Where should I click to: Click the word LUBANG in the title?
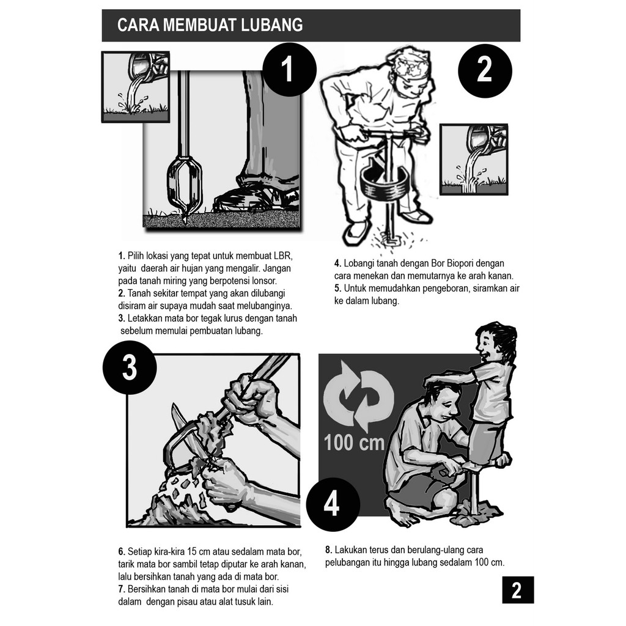tap(271, 25)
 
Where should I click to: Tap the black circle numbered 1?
tap(289, 70)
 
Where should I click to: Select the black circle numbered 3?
tap(130, 367)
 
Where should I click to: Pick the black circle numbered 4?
tap(333, 504)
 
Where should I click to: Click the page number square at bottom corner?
tap(517, 590)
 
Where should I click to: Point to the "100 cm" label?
tap(354, 443)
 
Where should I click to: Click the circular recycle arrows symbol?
tap(358, 396)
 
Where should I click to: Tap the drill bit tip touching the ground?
tap(185, 219)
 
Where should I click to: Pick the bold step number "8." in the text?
tap(328, 550)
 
